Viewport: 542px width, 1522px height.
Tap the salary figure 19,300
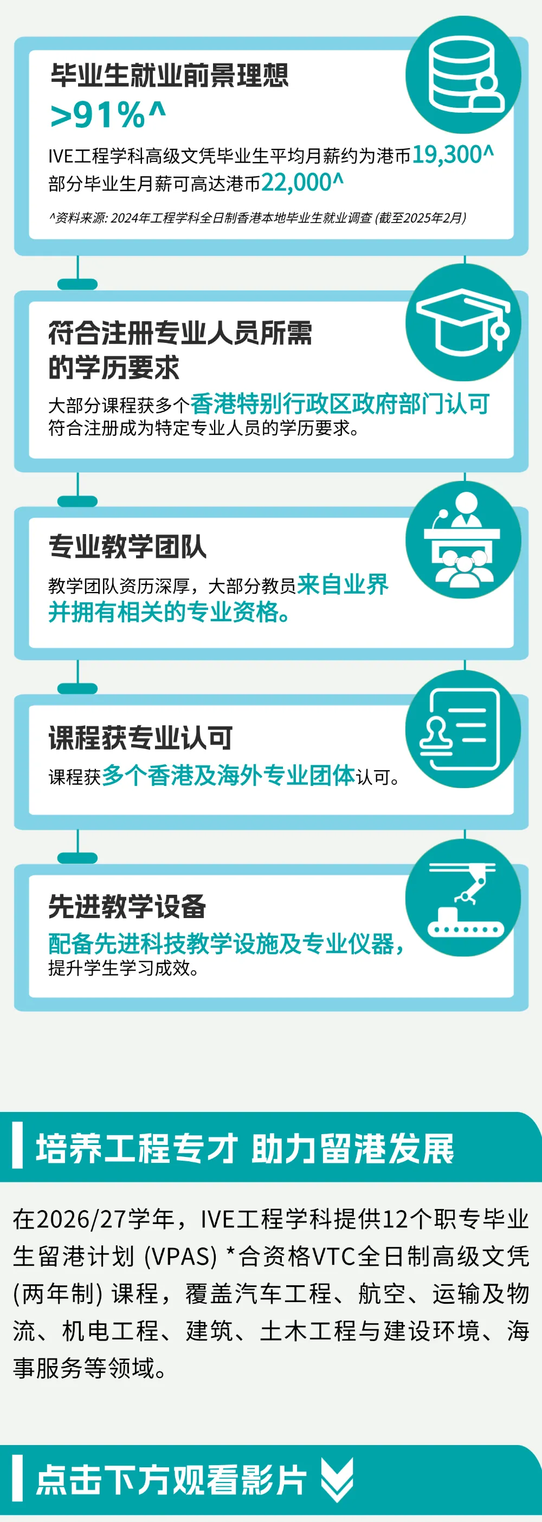[x=452, y=155]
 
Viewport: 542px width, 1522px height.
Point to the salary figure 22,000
[x=301, y=183]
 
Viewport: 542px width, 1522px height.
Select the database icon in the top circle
[x=463, y=76]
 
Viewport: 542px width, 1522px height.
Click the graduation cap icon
[x=463, y=323]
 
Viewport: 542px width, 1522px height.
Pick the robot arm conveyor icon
[x=463, y=898]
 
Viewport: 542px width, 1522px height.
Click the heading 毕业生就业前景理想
[x=170, y=76]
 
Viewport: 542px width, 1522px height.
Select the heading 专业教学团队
[x=128, y=547]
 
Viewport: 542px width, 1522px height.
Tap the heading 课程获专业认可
[x=141, y=738]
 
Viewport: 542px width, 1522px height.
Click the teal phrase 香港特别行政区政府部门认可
[x=340, y=404]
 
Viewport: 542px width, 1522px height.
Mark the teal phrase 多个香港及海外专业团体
[x=228, y=775]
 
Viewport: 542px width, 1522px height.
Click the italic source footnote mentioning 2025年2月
[x=257, y=218]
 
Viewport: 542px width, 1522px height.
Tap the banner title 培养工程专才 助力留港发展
[x=244, y=1149]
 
